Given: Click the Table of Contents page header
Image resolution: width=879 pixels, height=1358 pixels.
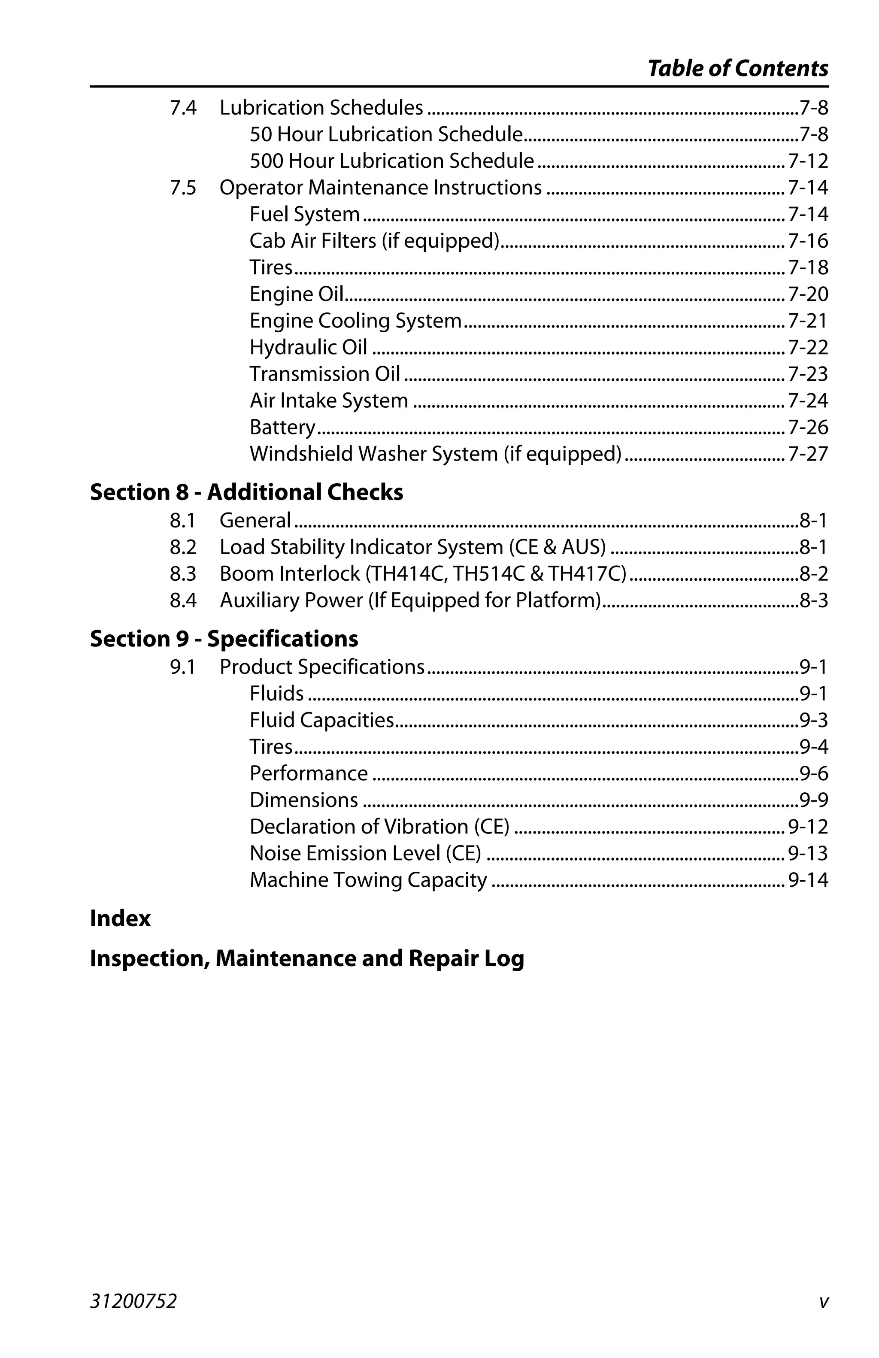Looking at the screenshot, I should (737, 69).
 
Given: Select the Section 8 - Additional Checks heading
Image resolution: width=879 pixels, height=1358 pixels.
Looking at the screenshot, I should (246, 492).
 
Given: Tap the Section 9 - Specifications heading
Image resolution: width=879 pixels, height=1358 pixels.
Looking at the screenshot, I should (224, 639).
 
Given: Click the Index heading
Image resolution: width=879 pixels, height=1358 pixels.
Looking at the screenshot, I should (120, 918).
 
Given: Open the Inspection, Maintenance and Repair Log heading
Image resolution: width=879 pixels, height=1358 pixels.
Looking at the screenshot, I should (307, 958).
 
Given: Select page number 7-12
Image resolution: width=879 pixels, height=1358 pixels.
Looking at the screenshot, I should (808, 161).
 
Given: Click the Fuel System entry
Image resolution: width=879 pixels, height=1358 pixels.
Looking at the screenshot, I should (305, 214).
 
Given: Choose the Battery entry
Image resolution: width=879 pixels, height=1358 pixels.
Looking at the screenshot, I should (282, 427).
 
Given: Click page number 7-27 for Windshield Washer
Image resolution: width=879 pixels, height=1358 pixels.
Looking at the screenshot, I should (808, 454).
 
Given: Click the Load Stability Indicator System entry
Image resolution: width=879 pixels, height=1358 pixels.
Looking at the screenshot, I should (412, 547).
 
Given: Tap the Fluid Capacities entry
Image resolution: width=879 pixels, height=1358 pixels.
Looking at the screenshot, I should (322, 720).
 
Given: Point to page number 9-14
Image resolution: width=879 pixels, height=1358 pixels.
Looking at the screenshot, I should (808, 880).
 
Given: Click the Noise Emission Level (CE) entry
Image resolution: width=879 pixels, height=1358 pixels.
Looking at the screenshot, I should (365, 853).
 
